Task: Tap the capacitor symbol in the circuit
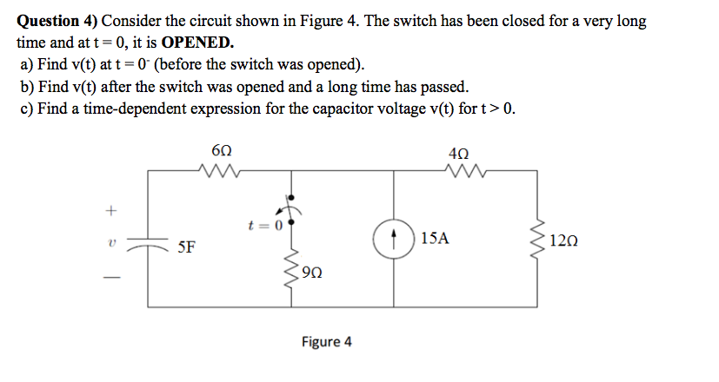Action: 149,244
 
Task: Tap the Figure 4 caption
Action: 327,341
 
